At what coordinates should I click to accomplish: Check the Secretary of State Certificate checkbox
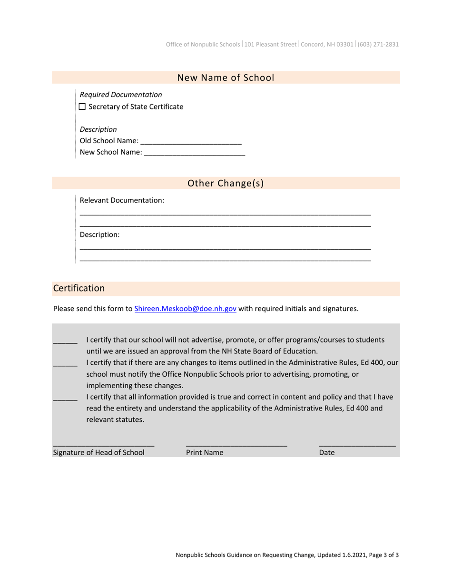(82, 107)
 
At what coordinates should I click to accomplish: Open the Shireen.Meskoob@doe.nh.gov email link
(185, 309)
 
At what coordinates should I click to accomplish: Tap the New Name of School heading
(226, 78)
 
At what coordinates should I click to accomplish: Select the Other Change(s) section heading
(226, 184)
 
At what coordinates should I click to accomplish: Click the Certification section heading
(79, 288)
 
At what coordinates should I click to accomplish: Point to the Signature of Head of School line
(103, 444)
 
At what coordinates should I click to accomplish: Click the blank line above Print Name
(236, 444)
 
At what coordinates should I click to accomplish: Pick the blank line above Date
(357, 444)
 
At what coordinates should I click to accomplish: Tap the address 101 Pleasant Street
(270, 44)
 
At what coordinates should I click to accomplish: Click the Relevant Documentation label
(122, 200)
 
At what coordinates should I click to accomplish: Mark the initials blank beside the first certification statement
(65, 341)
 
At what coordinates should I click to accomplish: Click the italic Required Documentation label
(121, 95)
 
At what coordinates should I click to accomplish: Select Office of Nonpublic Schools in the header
(203, 44)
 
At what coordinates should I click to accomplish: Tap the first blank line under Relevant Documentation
(225, 214)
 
